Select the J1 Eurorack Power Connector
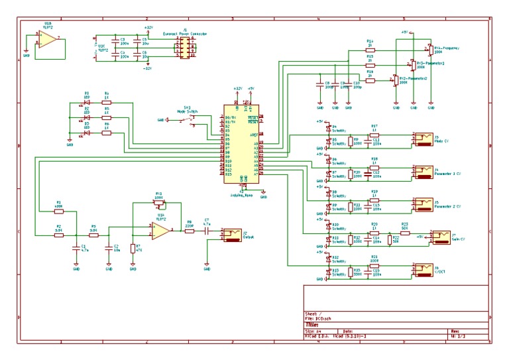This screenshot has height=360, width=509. point(184,48)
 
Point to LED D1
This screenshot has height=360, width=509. point(86,103)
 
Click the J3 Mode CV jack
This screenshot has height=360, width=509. point(422,139)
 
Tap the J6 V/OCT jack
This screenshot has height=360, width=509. point(422,270)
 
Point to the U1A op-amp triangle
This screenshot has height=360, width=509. point(160,230)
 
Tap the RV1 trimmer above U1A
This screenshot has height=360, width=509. point(158,203)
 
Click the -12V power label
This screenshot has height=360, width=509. point(147,68)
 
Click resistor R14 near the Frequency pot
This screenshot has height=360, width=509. point(370,50)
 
